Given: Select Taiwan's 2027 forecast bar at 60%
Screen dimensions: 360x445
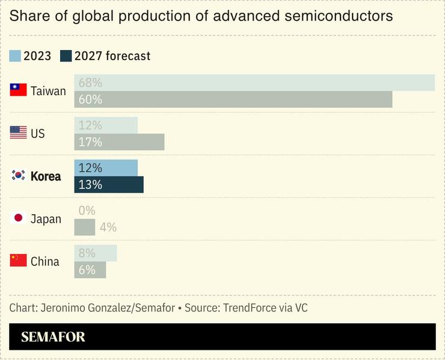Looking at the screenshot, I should click(233, 99).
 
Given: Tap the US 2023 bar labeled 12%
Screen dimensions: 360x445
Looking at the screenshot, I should click(106, 125).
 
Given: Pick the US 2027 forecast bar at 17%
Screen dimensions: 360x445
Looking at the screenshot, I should click(119, 142).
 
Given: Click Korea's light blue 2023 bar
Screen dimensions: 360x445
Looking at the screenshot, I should click(106, 168).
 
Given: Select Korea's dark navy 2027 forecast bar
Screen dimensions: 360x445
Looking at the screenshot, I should click(109, 185).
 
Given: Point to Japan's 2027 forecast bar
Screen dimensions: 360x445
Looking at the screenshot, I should click(85, 227).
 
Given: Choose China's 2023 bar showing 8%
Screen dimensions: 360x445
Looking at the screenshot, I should click(96, 253).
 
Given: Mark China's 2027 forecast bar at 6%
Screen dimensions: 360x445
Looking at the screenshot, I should click(90, 270).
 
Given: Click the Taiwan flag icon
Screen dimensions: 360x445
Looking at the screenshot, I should click(19, 90).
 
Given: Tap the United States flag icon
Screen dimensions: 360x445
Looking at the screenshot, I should click(19, 133).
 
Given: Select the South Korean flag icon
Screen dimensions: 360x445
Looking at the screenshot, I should click(19, 176).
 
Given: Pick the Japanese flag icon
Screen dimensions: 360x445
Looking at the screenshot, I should click(19, 218).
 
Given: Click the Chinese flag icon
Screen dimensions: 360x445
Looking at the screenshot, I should click(19, 261).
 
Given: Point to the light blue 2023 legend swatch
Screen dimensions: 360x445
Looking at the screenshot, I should click(15, 56).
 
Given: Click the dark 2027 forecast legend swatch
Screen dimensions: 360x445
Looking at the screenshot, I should click(66, 56).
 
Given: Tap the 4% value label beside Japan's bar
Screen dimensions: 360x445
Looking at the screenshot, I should click(108, 228).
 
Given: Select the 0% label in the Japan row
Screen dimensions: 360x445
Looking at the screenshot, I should click(87, 211).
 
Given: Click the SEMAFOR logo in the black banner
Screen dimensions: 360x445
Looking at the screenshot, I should click(53, 337).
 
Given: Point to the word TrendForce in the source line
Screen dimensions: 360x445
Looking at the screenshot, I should click(246, 308).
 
